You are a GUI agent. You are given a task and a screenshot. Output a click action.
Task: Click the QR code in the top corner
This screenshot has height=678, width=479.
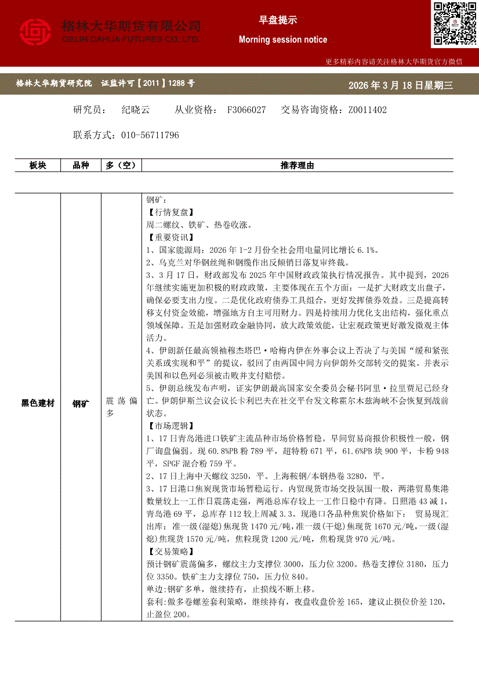(454, 24)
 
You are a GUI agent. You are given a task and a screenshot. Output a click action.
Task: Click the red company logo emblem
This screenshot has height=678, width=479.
(36, 32)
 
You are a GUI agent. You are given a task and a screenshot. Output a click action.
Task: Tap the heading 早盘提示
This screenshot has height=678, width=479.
(278, 20)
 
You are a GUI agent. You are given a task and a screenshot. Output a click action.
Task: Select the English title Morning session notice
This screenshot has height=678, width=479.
(283, 40)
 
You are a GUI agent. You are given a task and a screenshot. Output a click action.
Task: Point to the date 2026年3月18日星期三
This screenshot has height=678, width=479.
(400, 85)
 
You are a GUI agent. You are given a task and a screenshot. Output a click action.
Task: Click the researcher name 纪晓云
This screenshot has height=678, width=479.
(136, 110)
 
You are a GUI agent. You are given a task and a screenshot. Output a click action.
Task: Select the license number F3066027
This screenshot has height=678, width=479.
(246, 110)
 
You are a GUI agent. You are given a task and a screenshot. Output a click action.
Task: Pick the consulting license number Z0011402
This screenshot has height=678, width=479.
(367, 110)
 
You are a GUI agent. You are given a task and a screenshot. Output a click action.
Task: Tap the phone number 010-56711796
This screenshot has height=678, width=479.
(150, 135)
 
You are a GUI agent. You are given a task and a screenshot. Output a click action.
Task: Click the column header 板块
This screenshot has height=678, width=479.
(38, 166)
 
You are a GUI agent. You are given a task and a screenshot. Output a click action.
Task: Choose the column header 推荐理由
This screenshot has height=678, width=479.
(297, 166)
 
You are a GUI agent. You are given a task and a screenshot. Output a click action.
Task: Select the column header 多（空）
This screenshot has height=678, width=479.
(121, 166)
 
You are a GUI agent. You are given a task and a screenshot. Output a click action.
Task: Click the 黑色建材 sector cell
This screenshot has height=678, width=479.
(38, 403)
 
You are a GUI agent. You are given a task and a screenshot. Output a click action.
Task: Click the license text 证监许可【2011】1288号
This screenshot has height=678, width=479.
(148, 84)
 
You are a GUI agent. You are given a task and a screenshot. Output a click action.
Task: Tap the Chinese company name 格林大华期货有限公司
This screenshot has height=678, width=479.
(131, 26)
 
